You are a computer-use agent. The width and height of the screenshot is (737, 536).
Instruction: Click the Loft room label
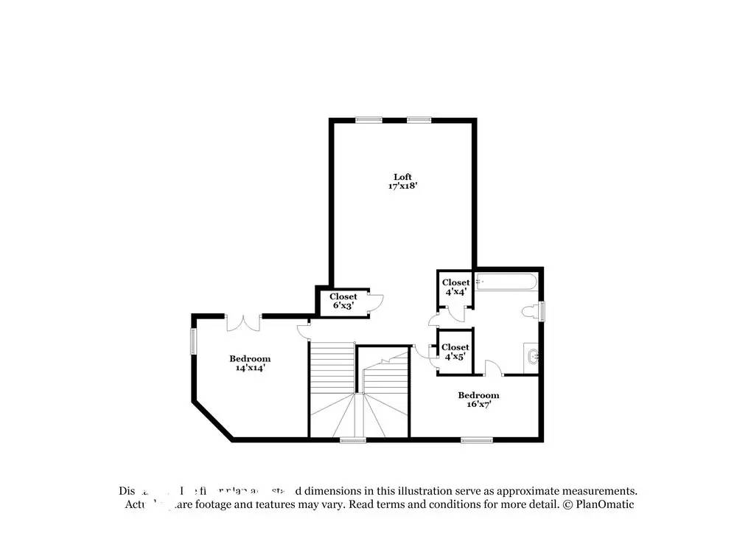click(x=402, y=176)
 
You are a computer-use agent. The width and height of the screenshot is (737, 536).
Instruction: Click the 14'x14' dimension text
click(x=249, y=368)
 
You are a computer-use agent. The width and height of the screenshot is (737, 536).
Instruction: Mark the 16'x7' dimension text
click(x=478, y=404)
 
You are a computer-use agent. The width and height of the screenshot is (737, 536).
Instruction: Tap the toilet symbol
click(x=530, y=312)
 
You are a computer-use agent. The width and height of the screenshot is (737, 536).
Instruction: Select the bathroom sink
click(x=533, y=358)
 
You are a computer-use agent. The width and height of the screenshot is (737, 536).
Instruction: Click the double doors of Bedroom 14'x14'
click(x=243, y=322)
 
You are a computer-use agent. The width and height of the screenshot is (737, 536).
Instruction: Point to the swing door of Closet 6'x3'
click(x=376, y=299)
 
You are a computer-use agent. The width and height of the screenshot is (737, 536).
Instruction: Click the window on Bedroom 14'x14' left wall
click(x=194, y=341)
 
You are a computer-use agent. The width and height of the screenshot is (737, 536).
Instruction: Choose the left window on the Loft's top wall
click(x=368, y=119)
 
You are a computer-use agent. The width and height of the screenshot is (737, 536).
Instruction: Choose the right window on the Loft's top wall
click(x=419, y=119)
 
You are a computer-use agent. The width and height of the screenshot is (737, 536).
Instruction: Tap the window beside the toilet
click(x=542, y=311)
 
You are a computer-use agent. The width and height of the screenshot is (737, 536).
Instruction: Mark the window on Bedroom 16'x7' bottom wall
click(x=476, y=440)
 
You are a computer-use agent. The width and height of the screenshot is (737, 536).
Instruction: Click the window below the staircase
click(x=353, y=440)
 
